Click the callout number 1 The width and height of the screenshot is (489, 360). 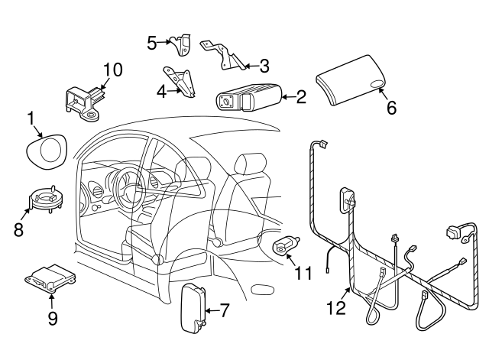[31, 118]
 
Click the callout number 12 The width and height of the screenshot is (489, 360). [335, 307]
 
